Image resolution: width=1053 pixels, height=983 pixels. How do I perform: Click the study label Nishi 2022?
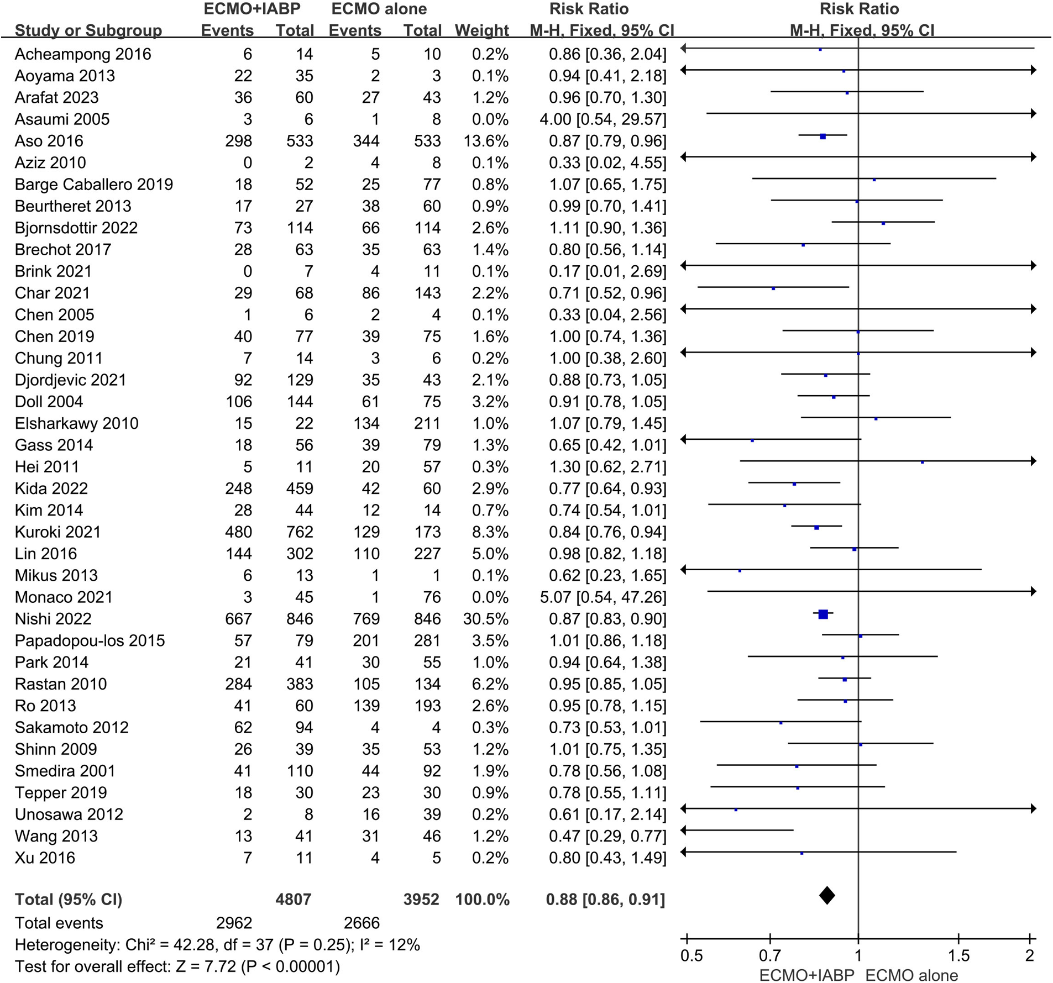(53, 619)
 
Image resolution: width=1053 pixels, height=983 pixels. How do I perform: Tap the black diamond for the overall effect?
(827, 895)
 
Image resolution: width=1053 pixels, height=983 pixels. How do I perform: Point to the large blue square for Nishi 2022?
(823, 614)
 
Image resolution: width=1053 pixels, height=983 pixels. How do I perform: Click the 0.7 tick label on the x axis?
(769, 955)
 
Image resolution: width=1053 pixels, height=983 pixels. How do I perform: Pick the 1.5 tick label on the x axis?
(958, 955)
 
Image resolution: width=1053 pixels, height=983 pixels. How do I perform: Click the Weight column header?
(481, 30)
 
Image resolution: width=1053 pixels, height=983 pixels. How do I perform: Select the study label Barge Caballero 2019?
(94, 185)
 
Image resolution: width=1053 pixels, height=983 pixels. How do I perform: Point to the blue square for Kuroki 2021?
(816, 528)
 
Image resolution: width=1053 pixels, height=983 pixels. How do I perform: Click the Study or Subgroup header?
(88, 30)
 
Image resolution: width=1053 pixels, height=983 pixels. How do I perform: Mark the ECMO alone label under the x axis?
(911, 975)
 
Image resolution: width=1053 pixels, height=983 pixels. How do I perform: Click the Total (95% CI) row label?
(69, 899)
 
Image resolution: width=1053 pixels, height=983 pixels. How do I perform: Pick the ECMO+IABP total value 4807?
(294, 899)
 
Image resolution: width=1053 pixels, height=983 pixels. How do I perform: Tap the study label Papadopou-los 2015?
(90, 640)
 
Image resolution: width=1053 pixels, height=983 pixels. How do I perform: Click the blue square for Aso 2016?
(823, 136)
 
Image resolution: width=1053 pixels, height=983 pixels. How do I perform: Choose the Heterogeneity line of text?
(217, 945)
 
